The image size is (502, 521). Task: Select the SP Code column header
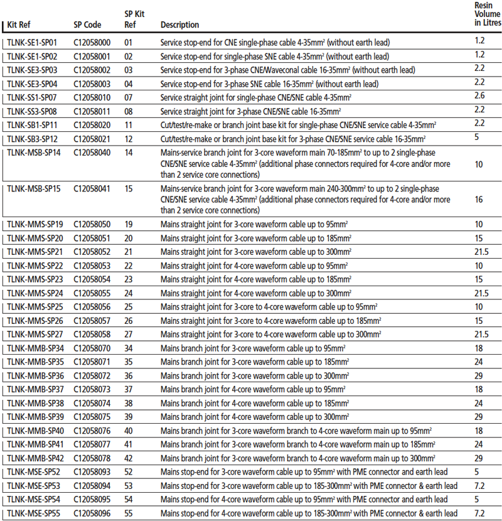pyautogui.click(x=87, y=25)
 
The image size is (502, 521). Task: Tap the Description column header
pyautogui.click(x=179, y=25)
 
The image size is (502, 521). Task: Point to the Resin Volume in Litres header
pyautogui.click(x=487, y=14)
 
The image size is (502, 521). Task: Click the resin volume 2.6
pyautogui.click(x=479, y=95)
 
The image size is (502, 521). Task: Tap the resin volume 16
pyautogui.click(x=479, y=200)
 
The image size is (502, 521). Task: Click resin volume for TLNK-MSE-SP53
pyautogui.click(x=479, y=485)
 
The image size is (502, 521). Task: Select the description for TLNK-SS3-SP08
pyautogui.click(x=255, y=111)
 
